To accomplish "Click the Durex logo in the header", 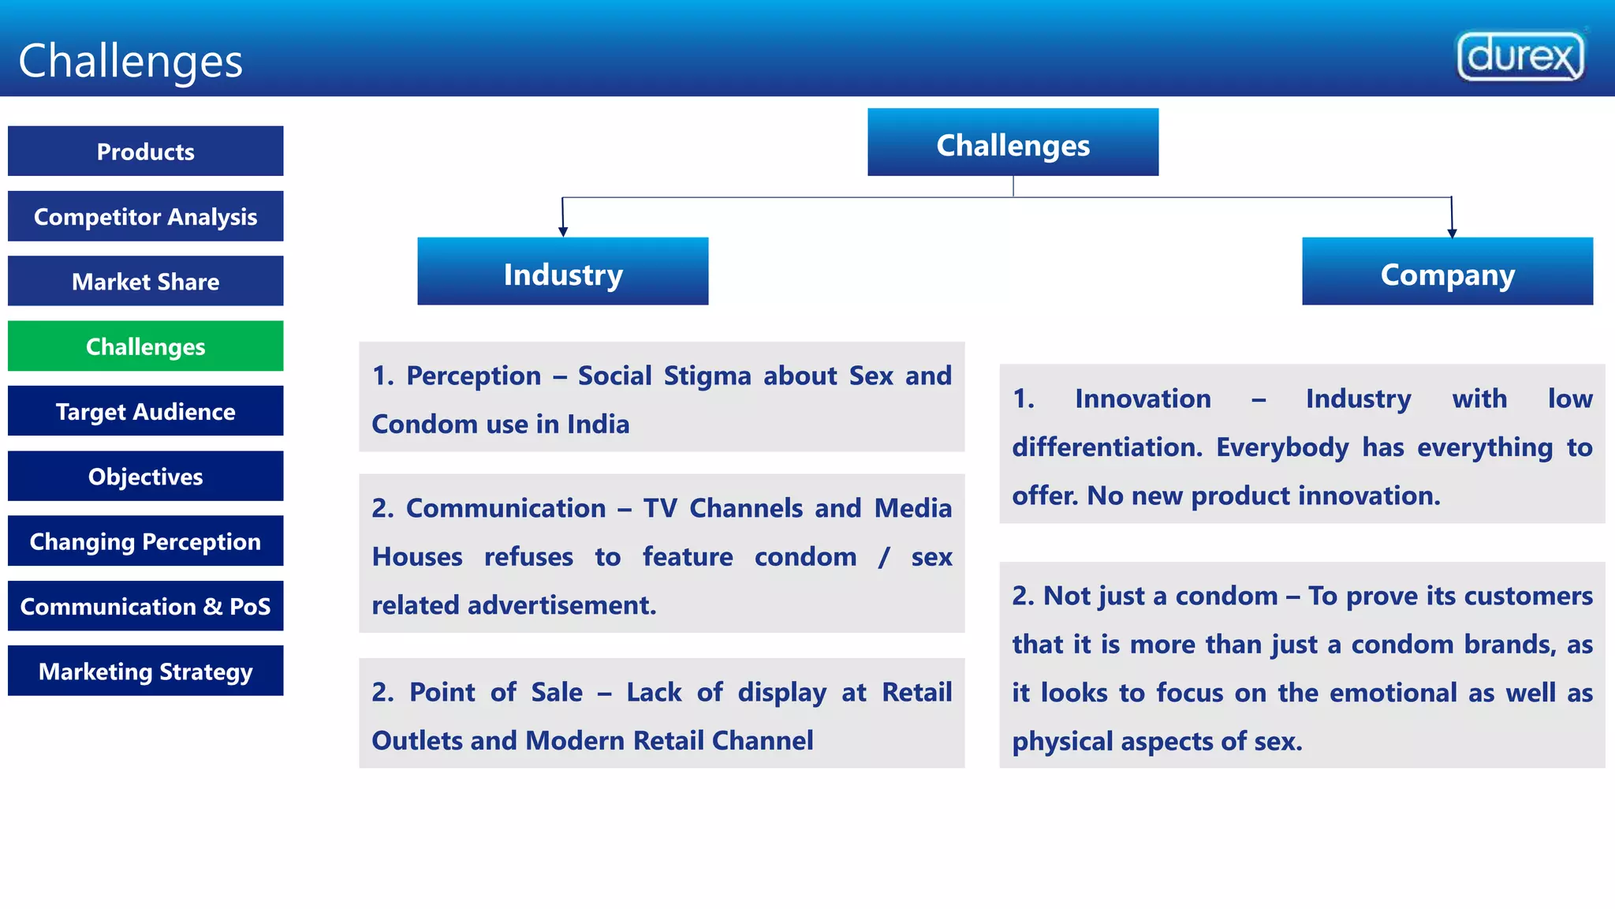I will [x=1520, y=56].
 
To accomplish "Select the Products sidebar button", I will [x=146, y=151].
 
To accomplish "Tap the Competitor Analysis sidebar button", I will [x=146, y=216].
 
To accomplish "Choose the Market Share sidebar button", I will [x=146, y=281].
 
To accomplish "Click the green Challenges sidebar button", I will [x=146, y=346].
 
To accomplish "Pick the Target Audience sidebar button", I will [x=146, y=411].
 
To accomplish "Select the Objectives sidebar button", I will [x=146, y=476].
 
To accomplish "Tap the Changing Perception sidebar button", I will [x=146, y=541].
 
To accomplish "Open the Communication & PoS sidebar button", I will [x=146, y=606].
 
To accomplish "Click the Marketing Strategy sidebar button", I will [x=146, y=671].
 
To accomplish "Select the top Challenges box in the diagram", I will [x=1013, y=142].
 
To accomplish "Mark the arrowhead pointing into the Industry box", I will [x=563, y=231].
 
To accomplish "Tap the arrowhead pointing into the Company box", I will [x=1452, y=232].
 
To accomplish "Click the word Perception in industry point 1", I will [x=473, y=376].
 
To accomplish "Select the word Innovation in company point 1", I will [x=1143, y=399].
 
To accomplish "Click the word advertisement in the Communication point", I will [x=561, y=605].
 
